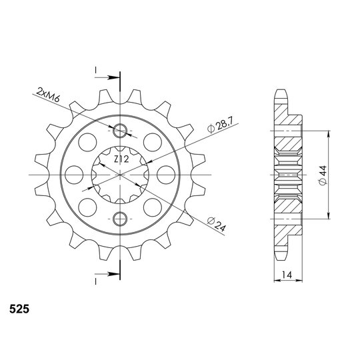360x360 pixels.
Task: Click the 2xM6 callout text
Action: click(x=48, y=95)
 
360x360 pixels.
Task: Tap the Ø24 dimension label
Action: click(x=217, y=224)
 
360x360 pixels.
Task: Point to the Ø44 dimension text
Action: click(x=323, y=175)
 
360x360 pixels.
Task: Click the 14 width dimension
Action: click(x=287, y=275)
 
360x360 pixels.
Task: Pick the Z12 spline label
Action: click(x=121, y=159)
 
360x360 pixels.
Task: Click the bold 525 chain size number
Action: click(x=19, y=309)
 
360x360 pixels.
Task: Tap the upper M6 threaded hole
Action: click(x=120, y=131)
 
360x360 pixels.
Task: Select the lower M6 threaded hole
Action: click(x=120, y=219)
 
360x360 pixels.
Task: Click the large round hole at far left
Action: click(x=74, y=175)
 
